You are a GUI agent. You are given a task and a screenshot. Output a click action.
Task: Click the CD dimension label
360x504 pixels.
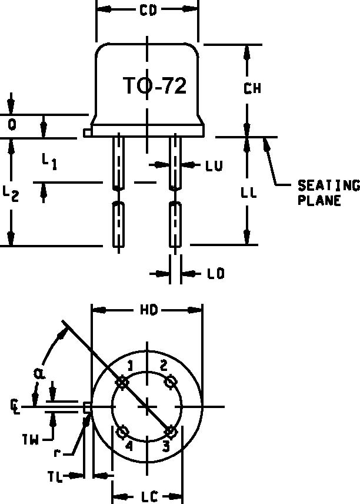tap(148, 10)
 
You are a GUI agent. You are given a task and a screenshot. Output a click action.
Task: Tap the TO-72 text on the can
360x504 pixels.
tap(155, 86)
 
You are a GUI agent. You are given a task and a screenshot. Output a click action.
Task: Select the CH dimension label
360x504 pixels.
tap(252, 89)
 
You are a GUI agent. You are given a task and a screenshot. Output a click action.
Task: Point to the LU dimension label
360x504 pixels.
tap(214, 166)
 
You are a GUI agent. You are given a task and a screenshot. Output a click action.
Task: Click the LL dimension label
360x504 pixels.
tap(249, 193)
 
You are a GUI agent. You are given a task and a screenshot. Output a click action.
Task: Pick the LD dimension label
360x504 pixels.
tap(216, 274)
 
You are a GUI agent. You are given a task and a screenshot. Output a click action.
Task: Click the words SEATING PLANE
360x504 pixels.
tap(327, 193)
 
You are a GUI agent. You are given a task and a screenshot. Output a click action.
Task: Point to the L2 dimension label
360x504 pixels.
tap(11, 194)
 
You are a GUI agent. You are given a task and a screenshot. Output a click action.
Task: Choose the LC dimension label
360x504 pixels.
tap(149, 497)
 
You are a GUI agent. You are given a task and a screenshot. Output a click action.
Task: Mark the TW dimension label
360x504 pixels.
tap(31, 439)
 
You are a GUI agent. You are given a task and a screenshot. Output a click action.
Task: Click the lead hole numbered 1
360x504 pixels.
tap(122, 382)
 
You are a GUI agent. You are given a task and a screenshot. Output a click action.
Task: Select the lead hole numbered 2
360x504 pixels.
tap(171, 382)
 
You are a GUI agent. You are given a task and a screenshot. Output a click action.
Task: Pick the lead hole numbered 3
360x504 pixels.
tap(170, 432)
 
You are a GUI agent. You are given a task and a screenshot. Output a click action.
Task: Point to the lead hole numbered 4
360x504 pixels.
tap(123, 433)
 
